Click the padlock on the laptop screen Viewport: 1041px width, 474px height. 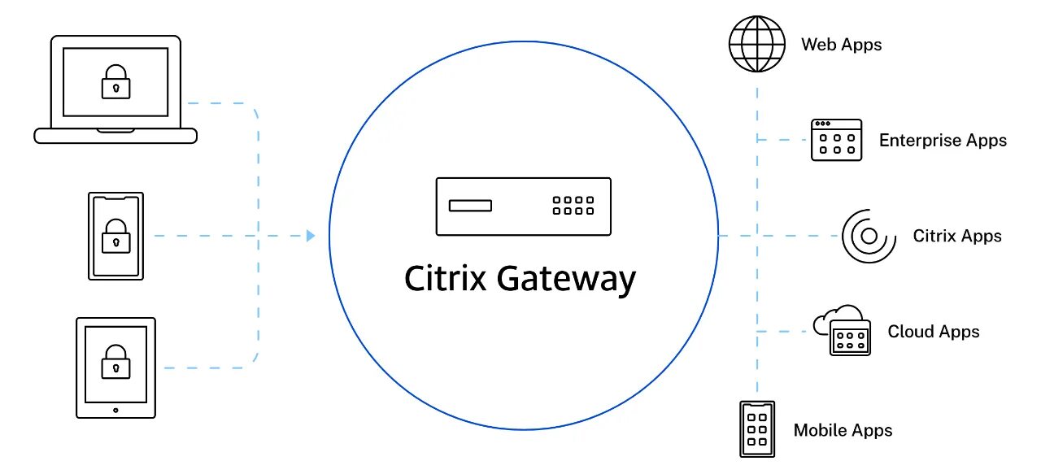pyautogui.click(x=115, y=82)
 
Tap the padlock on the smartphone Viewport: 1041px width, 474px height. pyautogui.click(x=115, y=236)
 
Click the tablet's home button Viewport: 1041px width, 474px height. pyautogui.click(x=115, y=410)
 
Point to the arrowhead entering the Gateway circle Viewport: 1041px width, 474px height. pyautogui.click(x=311, y=236)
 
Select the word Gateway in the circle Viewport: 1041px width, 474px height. pyautogui.click(x=566, y=280)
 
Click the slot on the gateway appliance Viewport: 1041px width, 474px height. pyautogui.click(x=471, y=206)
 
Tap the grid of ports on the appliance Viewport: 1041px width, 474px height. pyautogui.click(x=573, y=206)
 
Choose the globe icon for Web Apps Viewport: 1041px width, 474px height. pyautogui.click(x=757, y=44)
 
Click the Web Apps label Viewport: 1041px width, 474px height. pyautogui.click(x=842, y=45)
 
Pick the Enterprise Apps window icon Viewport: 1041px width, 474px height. pyautogui.click(x=836, y=140)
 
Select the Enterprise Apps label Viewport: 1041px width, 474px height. pyautogui.click(x=943, y=141)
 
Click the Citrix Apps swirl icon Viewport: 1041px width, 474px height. pyautogui.click(x=868, y=237)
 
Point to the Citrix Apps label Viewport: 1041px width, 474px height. pyautogui.click(x=957, y=237)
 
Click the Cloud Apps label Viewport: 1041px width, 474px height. pyautogui.click(x=934, y=332)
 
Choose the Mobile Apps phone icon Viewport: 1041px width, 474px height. pyautogui.click(x=757, y=429)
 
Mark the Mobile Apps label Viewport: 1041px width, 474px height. pyautogui.click(x=843, y=430)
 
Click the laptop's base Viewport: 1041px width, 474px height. pyautogui.click(x=115, y=136)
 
